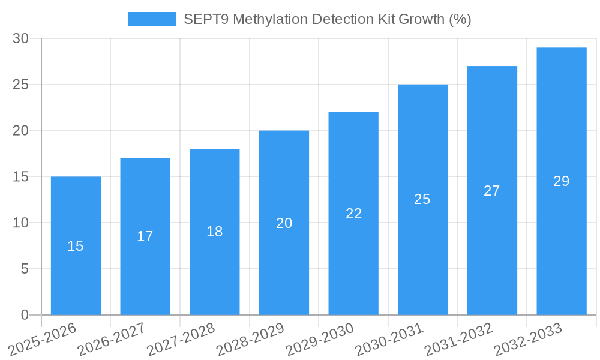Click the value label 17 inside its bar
(x=145, y=236)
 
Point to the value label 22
(x=353, y=214)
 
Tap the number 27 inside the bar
(x=492, y=191)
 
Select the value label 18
(x=215, y=232)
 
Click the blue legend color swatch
(x=152, y=19)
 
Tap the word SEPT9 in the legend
(x=205, y=19)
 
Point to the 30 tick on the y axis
(x=20, y=38)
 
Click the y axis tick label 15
(x=20, y=177)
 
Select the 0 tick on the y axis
(x=25, y=315)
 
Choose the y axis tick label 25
(x=20, y=85)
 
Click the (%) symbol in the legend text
(x=460, y=19)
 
